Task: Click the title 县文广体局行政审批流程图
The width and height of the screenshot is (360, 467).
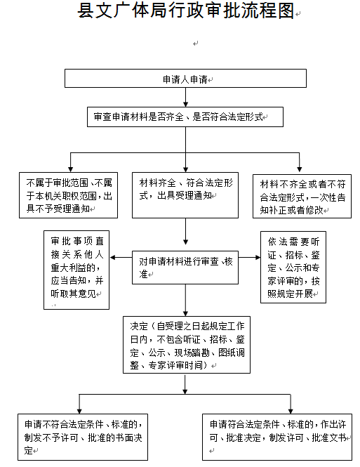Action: coord(186,11)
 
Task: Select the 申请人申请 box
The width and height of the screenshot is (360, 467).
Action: coord(185,79)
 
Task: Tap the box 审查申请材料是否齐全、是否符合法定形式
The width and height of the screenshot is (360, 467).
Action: coord(185,117)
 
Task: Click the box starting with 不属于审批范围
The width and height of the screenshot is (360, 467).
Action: coord(69,195)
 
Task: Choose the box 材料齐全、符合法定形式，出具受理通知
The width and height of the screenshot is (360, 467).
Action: coord(185,195)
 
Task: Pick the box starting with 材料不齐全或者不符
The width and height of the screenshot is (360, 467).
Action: coord(302,196)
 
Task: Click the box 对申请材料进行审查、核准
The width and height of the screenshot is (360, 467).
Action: coord(185,268)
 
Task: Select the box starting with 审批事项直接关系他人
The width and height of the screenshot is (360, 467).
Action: coord(76,270)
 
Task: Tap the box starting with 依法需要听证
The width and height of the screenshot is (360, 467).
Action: coord(293,267)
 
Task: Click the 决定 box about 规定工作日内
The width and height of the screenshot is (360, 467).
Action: coord(187,345)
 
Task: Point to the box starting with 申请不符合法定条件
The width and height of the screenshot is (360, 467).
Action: coord(83,437)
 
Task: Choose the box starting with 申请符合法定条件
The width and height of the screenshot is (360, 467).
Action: coord(277,437)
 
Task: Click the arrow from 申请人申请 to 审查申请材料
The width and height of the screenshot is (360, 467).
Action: coord(185,97)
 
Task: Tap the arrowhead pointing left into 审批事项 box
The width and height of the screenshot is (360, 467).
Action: coord(112,257)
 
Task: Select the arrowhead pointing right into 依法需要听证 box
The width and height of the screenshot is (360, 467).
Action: coord(258,257)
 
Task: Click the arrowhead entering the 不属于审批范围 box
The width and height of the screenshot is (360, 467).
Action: coord(70,169)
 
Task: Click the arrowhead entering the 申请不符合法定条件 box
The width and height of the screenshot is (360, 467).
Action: coord(79,411)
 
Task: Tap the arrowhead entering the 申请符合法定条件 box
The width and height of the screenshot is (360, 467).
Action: coord(291,411)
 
